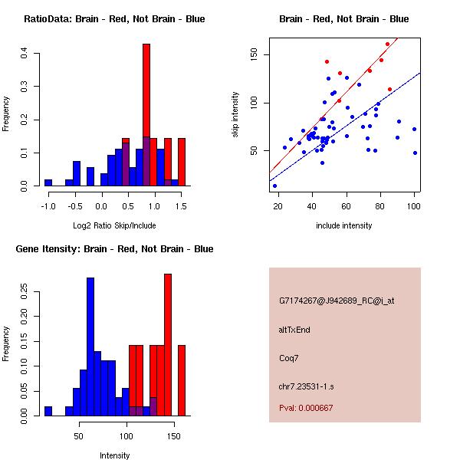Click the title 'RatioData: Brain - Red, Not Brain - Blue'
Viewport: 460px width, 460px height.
[114, 19]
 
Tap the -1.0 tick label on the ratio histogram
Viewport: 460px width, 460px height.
[48, 206]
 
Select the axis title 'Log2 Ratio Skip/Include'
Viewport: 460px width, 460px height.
[114, 228]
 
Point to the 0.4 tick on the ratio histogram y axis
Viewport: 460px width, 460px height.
[25, 54]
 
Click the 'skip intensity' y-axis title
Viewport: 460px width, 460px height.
[235, 115]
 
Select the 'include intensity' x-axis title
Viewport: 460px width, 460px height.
[344, 225]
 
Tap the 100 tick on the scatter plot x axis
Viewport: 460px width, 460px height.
[414, 205]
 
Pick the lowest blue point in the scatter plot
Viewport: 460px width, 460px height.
[274, 186]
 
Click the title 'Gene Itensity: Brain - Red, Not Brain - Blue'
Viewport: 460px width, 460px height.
[114, 249]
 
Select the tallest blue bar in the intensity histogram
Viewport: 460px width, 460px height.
[90, 345]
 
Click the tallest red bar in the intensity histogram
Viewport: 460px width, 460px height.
[168, 345]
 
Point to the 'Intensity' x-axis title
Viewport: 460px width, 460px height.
[115, 455]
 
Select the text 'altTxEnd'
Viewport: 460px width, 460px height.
[294, 330]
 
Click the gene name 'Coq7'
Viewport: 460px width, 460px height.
[288, 357]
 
